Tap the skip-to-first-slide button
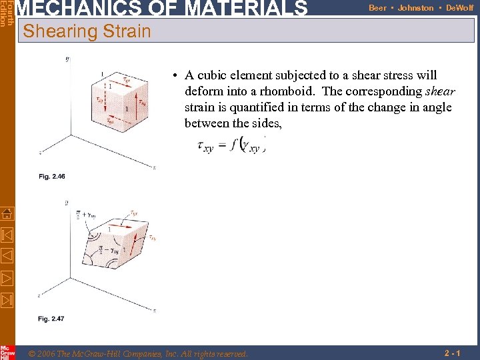(x=7, y=235)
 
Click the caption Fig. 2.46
(x=51, y=177)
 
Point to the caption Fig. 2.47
(x=51, y=319)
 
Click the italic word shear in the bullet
(x=440, y=91)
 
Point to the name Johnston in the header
(x=415, y=8)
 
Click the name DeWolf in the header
(x=459, y=8)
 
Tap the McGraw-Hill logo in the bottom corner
(x=7, y=352)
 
